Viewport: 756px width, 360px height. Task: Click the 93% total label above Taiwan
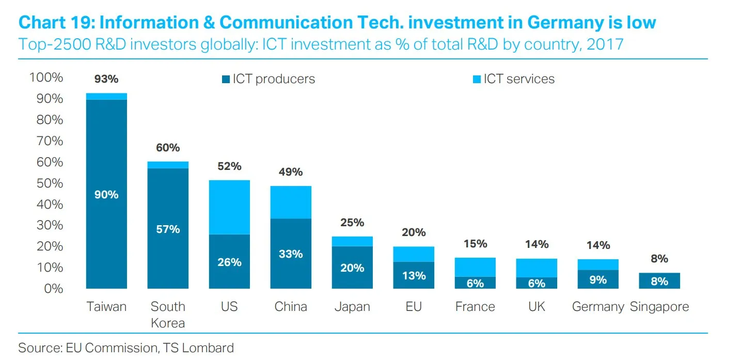pos(106,79)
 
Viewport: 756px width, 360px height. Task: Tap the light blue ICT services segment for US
pos(229,207)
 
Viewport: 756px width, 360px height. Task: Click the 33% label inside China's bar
pos(291,254)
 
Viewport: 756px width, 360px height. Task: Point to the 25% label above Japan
pos(352,223)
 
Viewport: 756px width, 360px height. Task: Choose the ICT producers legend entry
pos(268,79)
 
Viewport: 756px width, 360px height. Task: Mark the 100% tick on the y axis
pos(46,77)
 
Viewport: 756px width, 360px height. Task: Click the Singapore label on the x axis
pos(659,307)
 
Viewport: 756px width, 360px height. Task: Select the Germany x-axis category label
pos(598,307)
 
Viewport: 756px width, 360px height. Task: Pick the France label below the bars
pos(475,307)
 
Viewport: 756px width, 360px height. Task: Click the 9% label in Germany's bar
pos(598,280)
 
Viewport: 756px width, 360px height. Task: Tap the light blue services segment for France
pos(475,267)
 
